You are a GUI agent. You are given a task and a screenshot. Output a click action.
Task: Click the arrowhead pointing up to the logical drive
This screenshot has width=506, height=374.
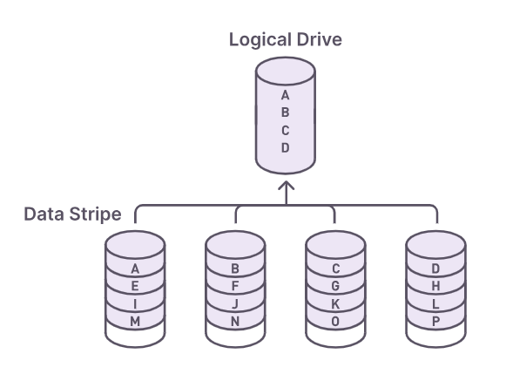[286, 187]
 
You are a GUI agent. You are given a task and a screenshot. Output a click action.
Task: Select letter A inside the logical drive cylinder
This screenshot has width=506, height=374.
[286, 95]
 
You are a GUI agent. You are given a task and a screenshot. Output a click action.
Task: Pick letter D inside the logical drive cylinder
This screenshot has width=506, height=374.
[286, 147]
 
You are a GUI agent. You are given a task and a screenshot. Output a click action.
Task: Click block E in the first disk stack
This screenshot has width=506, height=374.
[134, 286]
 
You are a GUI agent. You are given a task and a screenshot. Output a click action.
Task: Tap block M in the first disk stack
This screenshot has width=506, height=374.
[134, 321]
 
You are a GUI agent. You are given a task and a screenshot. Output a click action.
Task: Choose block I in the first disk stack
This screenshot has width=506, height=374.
[134, 303]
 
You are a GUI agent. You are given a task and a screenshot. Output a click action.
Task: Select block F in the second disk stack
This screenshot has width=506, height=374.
[235, 286]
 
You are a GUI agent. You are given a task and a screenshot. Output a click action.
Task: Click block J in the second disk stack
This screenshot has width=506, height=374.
[235, 303]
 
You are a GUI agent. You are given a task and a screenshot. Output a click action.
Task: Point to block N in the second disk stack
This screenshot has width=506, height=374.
[235, 321]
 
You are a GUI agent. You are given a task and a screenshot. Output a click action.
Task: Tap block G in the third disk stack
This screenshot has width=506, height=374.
[336, 286]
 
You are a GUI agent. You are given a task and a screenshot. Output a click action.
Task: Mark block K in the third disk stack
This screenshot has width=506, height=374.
[336, 303]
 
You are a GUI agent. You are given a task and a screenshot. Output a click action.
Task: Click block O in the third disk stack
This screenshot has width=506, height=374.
[336, 321]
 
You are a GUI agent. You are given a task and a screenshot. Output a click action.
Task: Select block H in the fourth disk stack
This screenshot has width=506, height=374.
[436, 286]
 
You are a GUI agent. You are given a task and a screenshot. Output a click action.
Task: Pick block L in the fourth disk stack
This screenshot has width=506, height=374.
[436, 303]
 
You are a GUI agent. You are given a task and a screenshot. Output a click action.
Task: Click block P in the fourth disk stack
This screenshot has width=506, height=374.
[436, 321]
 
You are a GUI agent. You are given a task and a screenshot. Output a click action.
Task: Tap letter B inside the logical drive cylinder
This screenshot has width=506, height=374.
[286, 112]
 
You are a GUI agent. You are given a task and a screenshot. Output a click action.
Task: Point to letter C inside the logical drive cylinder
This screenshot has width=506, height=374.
[286, 130]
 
